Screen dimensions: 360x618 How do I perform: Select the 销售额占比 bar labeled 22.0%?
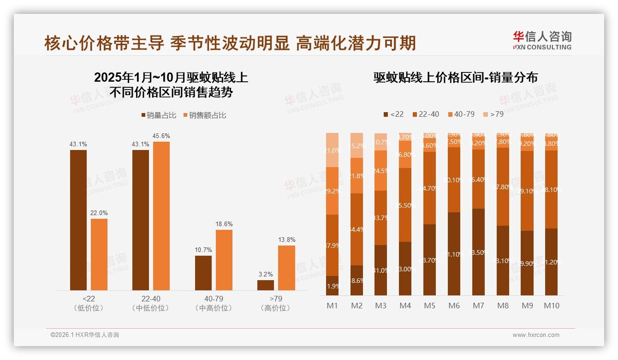(99, 254)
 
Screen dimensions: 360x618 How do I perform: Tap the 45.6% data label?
(161, 136)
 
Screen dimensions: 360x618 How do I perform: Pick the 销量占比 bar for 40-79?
(203, 273)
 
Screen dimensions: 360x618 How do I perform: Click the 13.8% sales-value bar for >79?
(286, 268)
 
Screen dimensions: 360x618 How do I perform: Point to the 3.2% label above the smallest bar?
(266, 274)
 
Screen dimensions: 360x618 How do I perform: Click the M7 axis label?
(478, 306)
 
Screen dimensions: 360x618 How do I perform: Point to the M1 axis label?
(332, 306)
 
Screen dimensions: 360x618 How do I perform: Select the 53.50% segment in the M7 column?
(478, 252)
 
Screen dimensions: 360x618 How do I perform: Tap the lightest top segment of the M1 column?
(332, 150)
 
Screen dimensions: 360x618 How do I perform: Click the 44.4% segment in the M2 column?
(357, 229)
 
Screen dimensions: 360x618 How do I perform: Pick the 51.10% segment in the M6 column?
(454, 254)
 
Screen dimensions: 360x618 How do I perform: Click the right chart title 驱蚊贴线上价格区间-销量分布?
(455, 78)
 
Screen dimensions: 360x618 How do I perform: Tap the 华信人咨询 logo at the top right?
(542, 40)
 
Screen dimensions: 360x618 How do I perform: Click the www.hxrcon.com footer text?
(535, 335)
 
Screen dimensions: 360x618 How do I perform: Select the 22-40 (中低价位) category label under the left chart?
(150, 303)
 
